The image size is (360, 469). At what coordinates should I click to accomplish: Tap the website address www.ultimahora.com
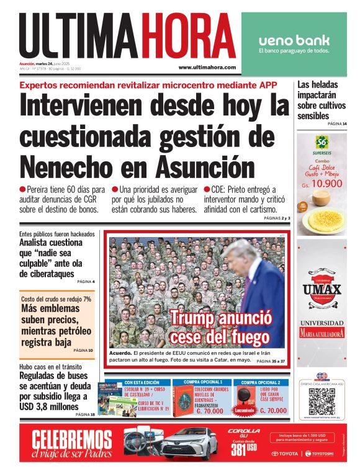(207, 67)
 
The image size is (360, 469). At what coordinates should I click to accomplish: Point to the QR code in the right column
(322, 401)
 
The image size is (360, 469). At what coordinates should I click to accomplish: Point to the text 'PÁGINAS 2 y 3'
(277, 218)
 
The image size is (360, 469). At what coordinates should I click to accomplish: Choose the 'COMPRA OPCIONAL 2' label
(261, 383)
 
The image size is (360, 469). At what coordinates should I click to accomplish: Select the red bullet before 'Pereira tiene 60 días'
(22, 189)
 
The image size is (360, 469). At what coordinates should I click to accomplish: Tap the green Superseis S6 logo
(322, 142)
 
